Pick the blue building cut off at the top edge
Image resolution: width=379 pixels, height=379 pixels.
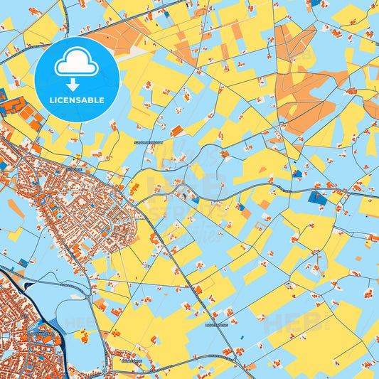(x=315, y=2)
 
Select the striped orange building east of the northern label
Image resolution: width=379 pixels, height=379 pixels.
(x=176, y=131)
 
